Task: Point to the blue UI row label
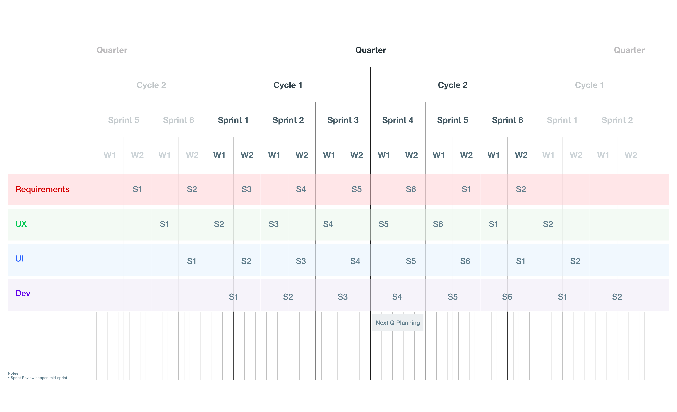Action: [x=19, y=259]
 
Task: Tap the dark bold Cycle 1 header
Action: [x=288, y=85]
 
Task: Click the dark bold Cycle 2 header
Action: [x=453, y=85]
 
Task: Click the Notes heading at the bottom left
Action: [x=13, y=373]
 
